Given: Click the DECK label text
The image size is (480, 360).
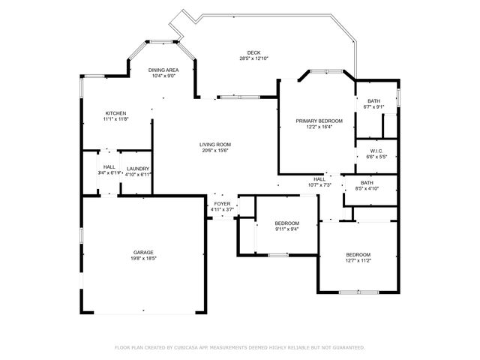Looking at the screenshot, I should click(253, 52).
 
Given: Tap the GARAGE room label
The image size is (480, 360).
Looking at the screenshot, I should click(144, 252).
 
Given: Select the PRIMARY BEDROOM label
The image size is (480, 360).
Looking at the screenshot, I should click(319, 121).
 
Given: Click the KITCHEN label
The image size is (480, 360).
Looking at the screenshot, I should click(115, 113).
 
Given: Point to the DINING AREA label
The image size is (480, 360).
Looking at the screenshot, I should click(163, 70).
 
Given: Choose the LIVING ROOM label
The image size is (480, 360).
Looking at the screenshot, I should click(214, 145).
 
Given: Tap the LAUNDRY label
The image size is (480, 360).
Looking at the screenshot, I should click(138, 168).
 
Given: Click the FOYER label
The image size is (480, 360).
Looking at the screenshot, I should click(223, 203).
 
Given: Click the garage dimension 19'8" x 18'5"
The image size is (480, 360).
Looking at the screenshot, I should click(144, 258).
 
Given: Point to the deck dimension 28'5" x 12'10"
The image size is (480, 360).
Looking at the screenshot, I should click(253, 58).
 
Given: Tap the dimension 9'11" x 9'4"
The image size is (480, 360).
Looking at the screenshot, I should click(286, 229).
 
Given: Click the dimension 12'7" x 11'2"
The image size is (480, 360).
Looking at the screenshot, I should click(358, 261).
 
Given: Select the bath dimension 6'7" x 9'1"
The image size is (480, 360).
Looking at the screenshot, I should click(373, 106).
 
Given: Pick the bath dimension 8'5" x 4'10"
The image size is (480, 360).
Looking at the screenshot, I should click(367, 188).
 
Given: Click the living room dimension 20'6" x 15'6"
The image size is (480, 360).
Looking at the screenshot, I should click(214, 151).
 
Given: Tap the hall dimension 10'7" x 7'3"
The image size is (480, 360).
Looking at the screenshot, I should click(319, 184).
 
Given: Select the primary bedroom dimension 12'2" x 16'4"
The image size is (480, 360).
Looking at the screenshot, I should click(319, 127).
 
